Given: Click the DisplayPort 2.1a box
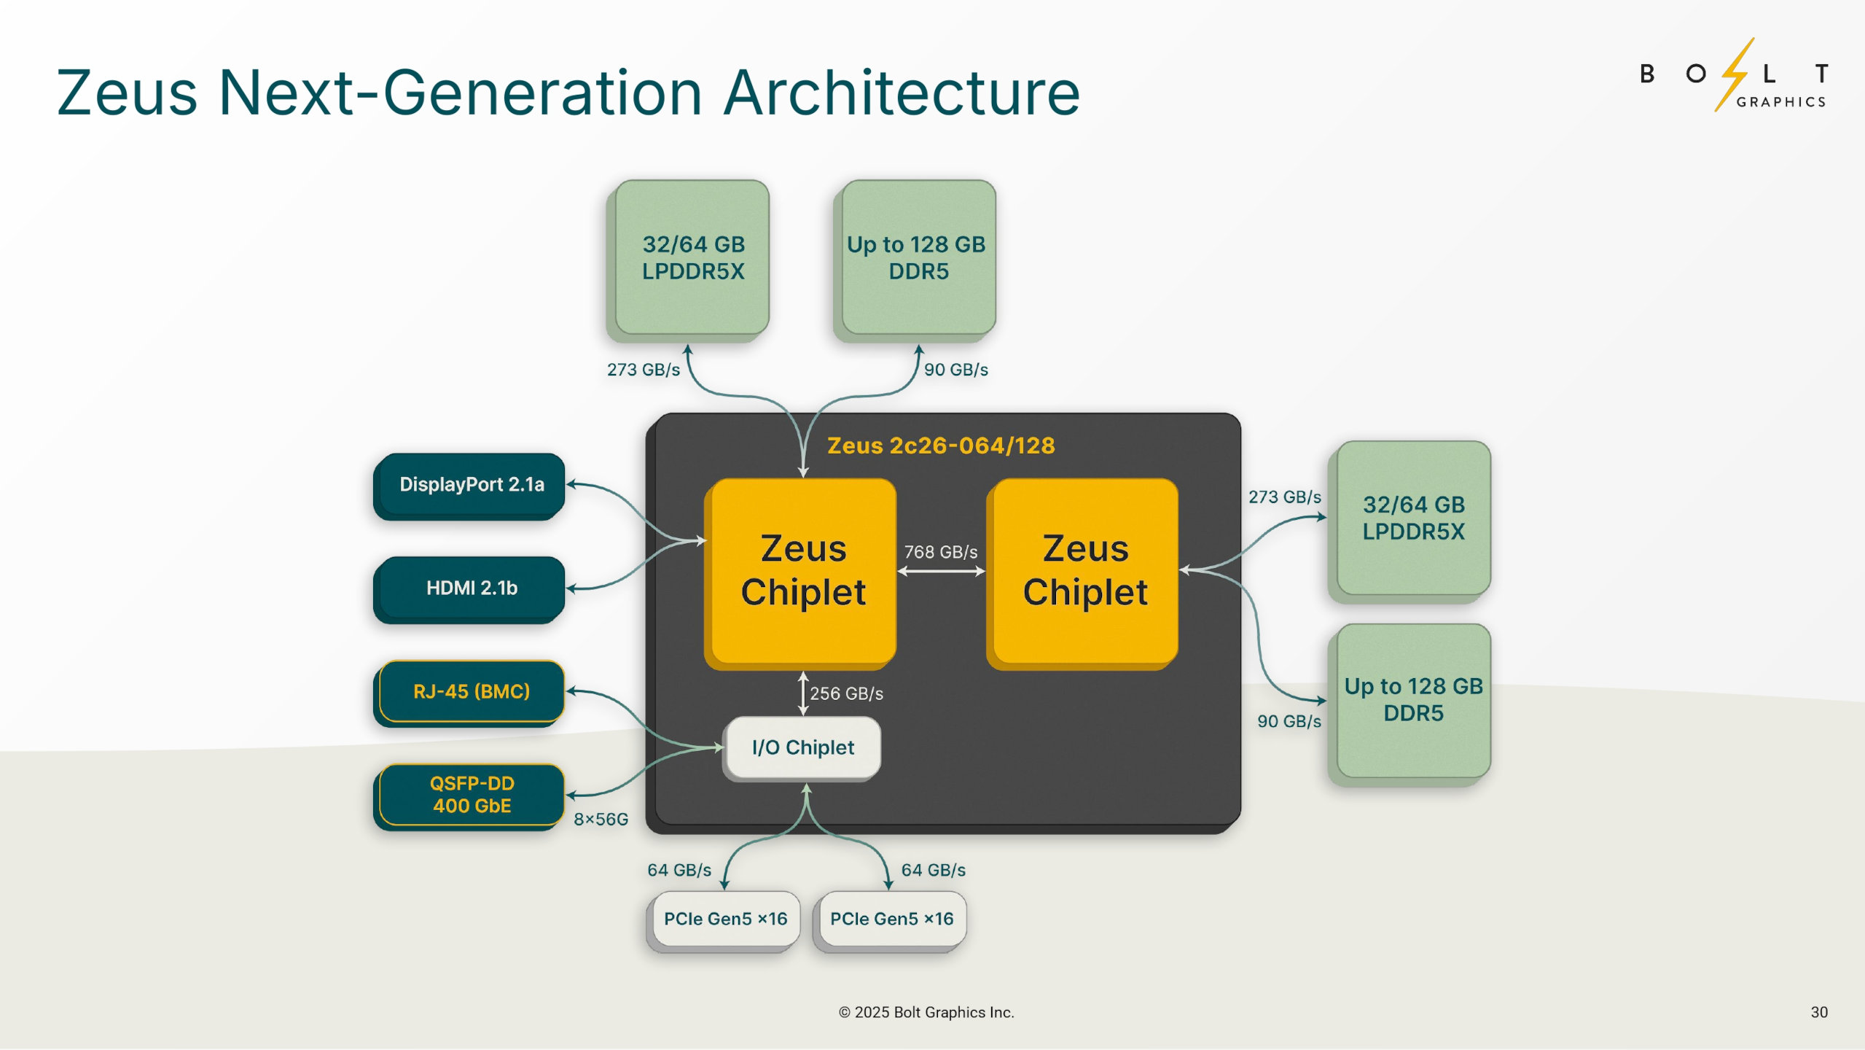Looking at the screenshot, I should (x=471, y=484).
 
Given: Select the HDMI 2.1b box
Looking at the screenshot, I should (x=471, y=588).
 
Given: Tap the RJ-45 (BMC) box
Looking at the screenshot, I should (x=471, y=691).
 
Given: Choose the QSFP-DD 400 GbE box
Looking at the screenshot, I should (x=471, y=794).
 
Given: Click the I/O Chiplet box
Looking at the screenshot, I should (x=802, y=747).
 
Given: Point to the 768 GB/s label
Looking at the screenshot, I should (x=940, y=552).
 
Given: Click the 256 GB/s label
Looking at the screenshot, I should (x=846, y=693).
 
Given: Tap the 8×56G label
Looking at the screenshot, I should (x=601, y=820).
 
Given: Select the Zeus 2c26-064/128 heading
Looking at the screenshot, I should (x=940, y=446).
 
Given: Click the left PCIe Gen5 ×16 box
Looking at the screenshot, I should (x=725, y=919).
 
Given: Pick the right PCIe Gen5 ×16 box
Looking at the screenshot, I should (x=891, y=919).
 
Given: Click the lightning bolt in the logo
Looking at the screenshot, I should (x=1735, y=73).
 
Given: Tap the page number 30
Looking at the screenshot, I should (x=1818, y=1012).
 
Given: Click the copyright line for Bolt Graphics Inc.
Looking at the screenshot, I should (x=926, y=1012).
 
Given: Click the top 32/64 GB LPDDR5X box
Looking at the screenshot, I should (x=692, y=257).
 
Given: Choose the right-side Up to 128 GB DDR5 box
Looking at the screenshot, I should (x=1412, y=700).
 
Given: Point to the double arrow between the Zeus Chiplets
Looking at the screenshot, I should (x=940, y=572).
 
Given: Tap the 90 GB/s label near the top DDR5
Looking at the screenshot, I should (x=955, y=370).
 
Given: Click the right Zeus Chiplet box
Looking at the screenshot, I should (x=1084, y=571).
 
